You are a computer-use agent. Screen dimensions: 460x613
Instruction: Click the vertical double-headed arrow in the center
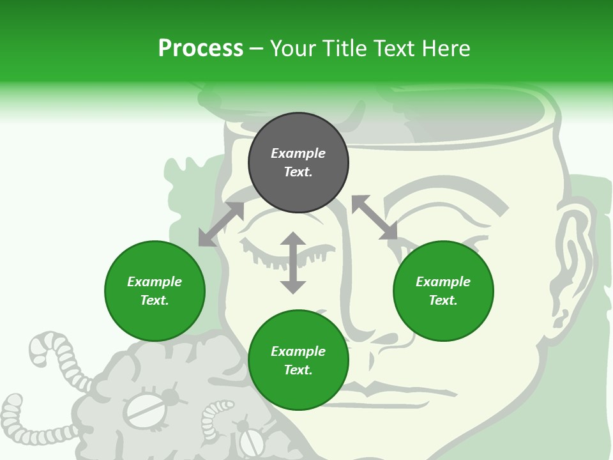[293, 263]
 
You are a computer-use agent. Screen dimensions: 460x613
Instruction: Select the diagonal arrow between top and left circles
[221, 224]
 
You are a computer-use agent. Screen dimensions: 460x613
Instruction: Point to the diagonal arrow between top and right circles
[374, 217]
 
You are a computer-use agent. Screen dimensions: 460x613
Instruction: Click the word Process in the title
[201, 48]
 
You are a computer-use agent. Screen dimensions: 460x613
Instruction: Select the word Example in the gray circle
[298, 153]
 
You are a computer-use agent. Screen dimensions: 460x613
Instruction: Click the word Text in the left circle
[155, 300]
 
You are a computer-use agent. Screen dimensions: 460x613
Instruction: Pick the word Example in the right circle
[443, 282]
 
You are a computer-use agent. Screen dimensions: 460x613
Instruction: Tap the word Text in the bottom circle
[298, 370]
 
